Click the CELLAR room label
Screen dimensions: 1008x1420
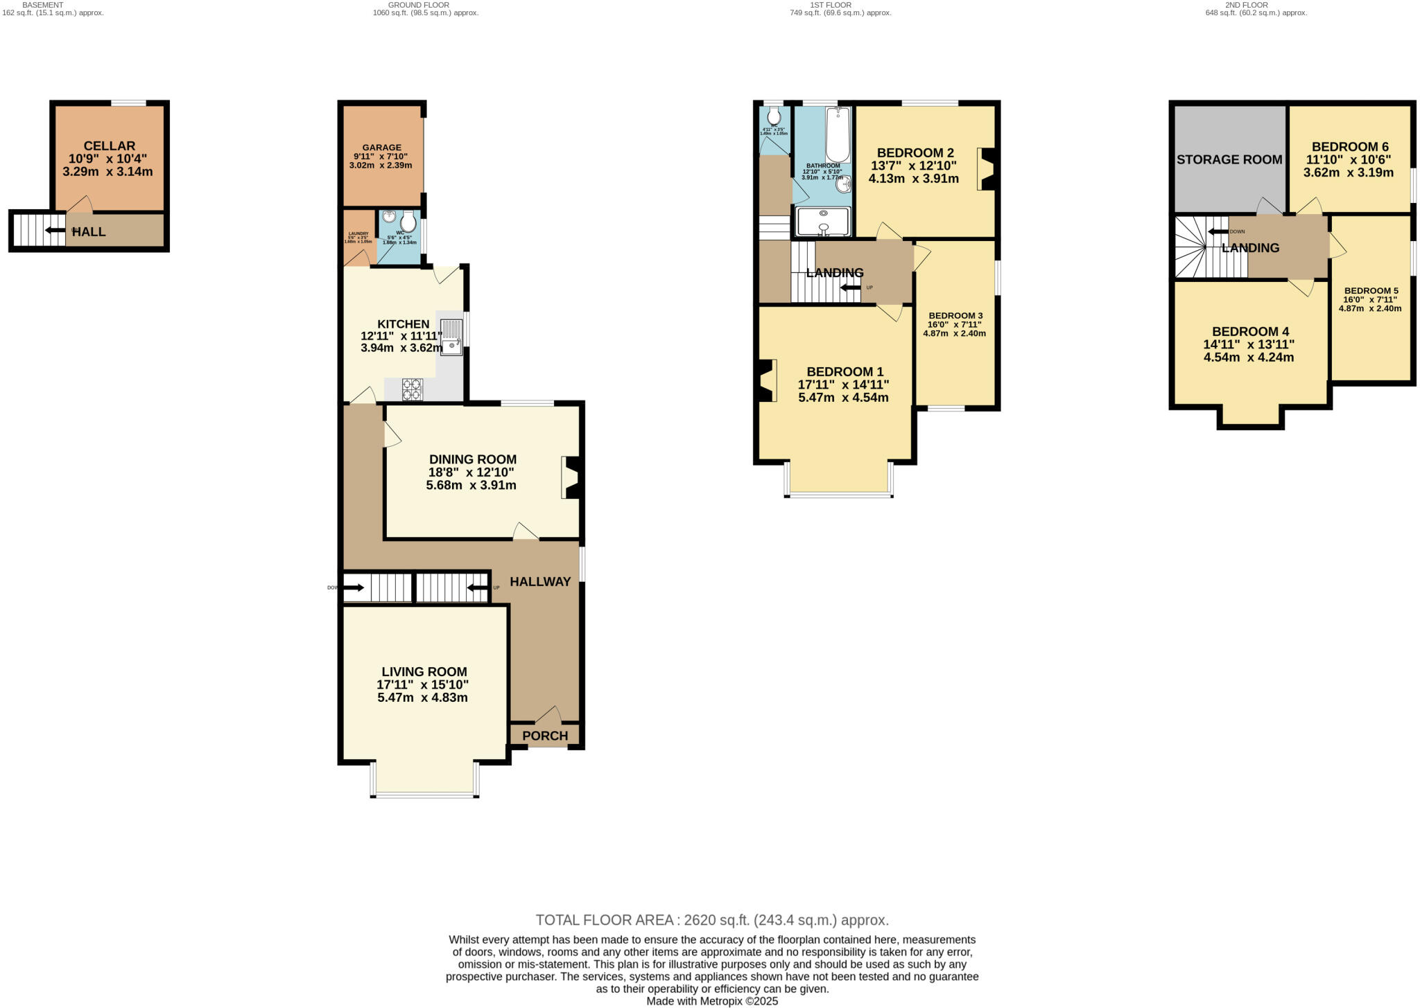click(109, 146)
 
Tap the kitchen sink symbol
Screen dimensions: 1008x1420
click(451, 337)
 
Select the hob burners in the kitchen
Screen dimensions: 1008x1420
click(413, 389)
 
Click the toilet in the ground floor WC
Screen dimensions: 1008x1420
click(408, 221)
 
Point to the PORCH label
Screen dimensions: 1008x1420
click(545, 736)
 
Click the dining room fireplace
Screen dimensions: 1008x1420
click(573, 477)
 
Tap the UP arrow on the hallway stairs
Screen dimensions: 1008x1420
click(477, 588)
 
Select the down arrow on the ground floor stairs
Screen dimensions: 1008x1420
click(354, 588)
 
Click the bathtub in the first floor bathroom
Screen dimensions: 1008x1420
click(838, 134)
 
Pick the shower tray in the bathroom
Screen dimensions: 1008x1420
click(823, 222)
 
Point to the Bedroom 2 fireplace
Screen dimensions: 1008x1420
click(987, 169)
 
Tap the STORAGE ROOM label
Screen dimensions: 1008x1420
click(1229, 160)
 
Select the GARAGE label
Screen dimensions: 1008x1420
click(381, 148)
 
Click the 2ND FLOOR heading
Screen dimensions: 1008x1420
click(1247, 5)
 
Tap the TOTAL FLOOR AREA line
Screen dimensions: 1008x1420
click(711, 920)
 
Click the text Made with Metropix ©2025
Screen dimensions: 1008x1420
click(711, 1002)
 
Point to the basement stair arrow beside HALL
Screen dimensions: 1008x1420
click(53, 229)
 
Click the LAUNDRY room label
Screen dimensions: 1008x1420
click(358, 234)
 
